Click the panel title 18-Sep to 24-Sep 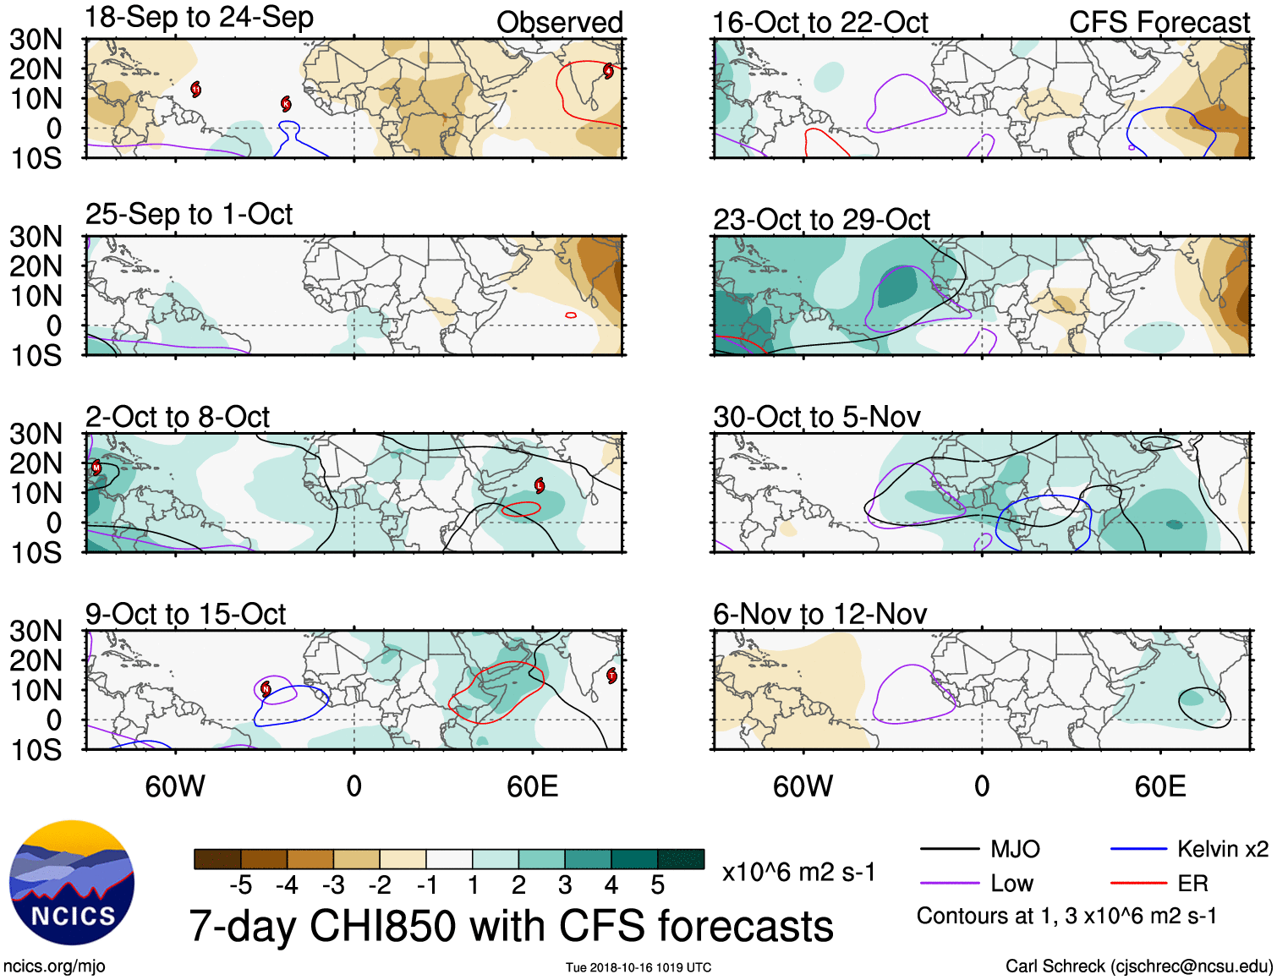199,17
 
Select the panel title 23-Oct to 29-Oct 821,220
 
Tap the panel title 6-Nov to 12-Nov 819,614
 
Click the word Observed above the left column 559,22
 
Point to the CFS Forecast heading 1159,22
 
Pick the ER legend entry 1192,884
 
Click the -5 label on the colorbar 240,885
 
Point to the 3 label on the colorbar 565,885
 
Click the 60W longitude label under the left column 175,786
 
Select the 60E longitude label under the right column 1159,786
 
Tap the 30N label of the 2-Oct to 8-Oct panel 36,434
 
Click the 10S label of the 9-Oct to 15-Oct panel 36,750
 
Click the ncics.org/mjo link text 54,966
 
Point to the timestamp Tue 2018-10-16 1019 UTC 638,967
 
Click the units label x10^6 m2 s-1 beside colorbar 798,872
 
